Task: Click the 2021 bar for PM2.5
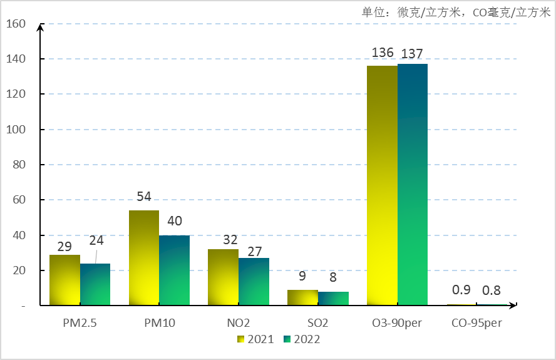64,280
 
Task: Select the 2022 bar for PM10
174,270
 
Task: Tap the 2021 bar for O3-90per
382,185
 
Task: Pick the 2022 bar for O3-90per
413,185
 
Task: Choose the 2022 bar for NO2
254,282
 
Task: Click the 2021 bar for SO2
302,298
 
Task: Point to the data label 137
413,53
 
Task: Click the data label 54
144,196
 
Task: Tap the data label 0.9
461,290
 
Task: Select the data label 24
96,240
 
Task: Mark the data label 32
223,239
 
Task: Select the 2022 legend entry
302,339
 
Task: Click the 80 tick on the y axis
18,165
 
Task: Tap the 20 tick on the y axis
18,270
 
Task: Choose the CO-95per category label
476,323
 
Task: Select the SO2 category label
317,323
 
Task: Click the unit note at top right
456,12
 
